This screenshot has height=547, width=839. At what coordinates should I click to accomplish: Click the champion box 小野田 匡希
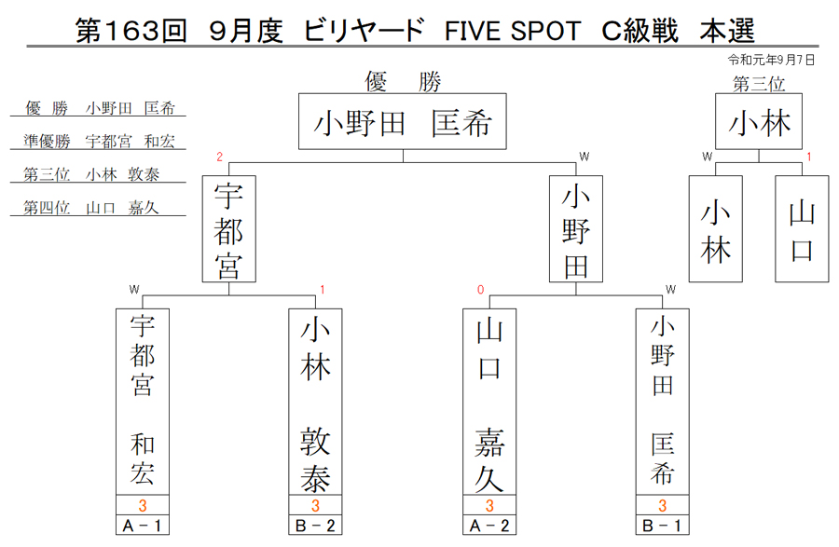[403, 121]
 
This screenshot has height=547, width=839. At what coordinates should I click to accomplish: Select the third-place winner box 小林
[759, 121]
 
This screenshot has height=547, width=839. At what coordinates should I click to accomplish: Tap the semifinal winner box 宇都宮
[229, 229]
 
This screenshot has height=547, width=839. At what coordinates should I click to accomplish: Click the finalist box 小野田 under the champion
[576, 229]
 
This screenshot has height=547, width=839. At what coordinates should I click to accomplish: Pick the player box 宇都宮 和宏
[143, 402]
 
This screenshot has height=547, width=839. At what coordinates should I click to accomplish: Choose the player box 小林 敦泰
[315, 402]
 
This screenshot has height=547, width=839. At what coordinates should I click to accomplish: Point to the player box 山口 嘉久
[489, 402]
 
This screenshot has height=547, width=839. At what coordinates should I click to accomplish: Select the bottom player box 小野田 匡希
[663, 402]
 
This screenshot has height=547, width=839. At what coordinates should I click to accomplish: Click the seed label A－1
[143, 526]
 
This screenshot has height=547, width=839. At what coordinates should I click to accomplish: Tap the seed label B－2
[315, 526]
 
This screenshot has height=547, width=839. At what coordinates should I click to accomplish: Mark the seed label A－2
[489, 526]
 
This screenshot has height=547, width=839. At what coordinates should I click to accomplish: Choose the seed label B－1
[663, 526]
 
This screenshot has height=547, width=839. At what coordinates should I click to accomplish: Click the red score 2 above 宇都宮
[219, 157]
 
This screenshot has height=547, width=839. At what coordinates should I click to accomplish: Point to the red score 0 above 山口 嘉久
[480, 290]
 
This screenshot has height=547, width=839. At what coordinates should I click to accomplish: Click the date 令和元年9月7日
[771, 60]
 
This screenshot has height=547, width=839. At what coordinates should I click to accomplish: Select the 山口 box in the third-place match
[802, 229]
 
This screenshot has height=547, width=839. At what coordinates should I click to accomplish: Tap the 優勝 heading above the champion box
[403, 82]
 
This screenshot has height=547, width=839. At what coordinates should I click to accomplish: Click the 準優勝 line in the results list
[99, 141]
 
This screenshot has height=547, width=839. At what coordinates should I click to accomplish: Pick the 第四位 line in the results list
[91, 208]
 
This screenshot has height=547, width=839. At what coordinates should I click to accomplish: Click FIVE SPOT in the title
[513, 31]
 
